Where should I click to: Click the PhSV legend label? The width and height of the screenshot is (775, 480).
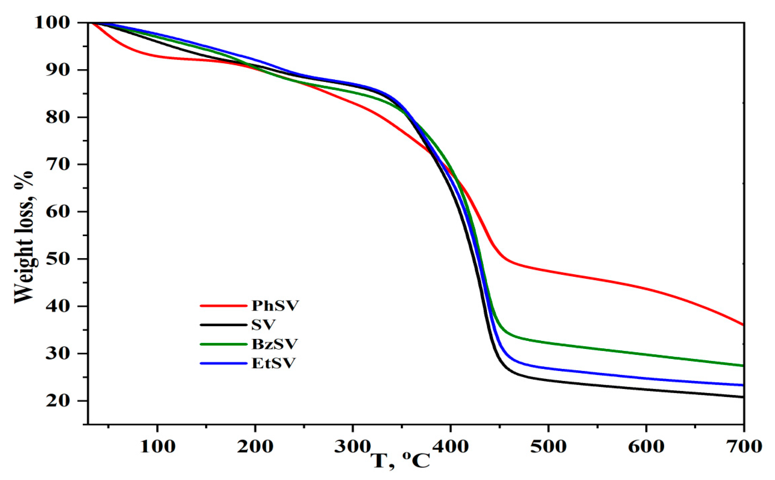pyautogui.click(x=275, y=306)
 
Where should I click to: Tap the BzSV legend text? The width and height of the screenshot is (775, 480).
pyautogui.click(x=275, y=344)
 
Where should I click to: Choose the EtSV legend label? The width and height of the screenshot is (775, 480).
pyautogui.click(x=273, y=363)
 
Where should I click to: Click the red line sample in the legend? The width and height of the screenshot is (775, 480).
pyautogui.click(x=223, y=306)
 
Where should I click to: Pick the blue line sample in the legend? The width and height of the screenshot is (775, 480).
pyautogui.click(x=223, y=363)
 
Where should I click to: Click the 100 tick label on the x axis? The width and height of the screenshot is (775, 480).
pyautogui.click(x=157, y=446)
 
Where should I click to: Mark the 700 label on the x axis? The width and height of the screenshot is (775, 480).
pyautogui.click(x=744, y=446)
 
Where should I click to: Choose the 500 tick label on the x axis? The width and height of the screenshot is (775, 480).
pyautogui.click(x=548, y=446)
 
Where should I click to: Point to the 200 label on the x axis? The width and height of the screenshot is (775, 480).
pyautogui.click(x=255, y=446)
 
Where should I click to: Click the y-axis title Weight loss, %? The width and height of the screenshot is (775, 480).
pyautogui.click(x=24, y=238)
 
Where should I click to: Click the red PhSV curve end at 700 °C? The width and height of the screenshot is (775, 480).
pyautogui.click(x=743, y=324)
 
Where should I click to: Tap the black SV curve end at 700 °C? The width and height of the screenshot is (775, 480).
pyautogui.click(x=743, y=397)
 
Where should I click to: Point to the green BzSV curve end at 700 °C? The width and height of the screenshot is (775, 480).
pyautogui.click(x=743, y=366)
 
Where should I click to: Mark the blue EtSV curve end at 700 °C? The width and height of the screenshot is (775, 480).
pyautogui.click(x=743, y=385)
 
